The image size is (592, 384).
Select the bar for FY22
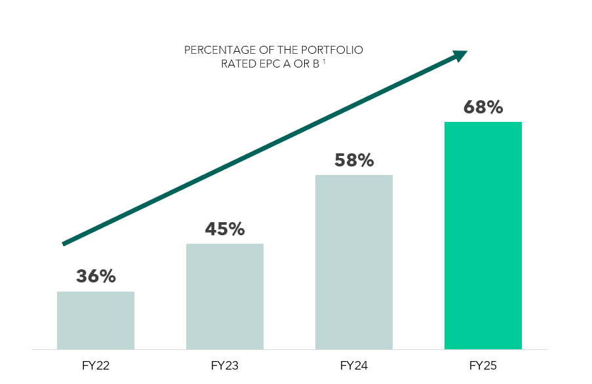[96, 320]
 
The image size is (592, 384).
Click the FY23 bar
[225, 296]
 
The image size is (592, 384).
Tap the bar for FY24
[354, 261]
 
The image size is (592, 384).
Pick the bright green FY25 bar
[483, 235]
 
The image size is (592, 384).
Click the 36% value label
[96, 277]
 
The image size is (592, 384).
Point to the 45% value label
[225, 229]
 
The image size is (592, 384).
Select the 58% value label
[354, 160]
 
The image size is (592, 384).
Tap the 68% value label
[483, 107]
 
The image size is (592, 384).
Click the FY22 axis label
[96, 365]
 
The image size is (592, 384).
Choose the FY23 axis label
[225, 365]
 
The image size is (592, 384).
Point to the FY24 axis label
[354, 365]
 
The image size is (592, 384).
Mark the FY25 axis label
[483, 365]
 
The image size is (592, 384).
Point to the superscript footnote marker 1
[325, 62]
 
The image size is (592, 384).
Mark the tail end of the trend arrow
[64, 243]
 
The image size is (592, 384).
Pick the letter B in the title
[316, 64]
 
